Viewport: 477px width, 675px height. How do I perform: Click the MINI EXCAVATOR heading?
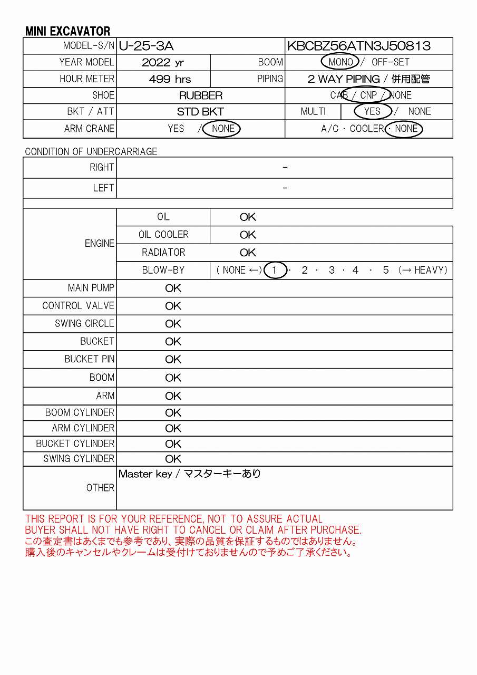pyautogui.click(x=67, y=31)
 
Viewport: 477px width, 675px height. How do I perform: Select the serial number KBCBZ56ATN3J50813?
pyautogui.click(x=358, y=46)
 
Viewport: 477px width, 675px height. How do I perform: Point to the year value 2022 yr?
pyautogui.click(x=163, y=63)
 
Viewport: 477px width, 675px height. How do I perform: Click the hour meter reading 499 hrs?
pyautogui.click(x=170, y=79)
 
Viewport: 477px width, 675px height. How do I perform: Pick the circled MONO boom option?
pyautogui.click(x=340, y=62)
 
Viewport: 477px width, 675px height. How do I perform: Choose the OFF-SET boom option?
pyautogui.click(x=391, y=62)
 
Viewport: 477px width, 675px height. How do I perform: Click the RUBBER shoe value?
pyautogui.click(x=201, y=95)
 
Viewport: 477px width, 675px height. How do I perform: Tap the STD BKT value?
pyautogui.click(x=200, y=112)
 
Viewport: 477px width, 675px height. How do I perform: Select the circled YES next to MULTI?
pyautogui.click(x=372, y=111)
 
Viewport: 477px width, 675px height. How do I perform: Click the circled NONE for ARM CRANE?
pyautogui.click(x=223, y=129)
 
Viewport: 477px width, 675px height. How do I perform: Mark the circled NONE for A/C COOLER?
pyautogui.click(x=405, y=129)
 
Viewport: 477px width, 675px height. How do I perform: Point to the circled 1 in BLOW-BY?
pyautogui.click(x=274, y=271)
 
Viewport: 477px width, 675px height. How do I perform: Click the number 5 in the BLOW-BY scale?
pyautogui.click(x=386, y=271)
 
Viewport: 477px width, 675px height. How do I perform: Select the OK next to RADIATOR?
pyautogui.click(x=248, y=253)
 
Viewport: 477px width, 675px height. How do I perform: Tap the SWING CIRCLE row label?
pyautogui.click(x=84, y=324)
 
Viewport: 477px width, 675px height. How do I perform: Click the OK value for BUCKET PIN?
pyautogui.click(x=173, y=360)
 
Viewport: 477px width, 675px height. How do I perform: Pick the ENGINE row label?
pyautogui.click(x=99, y=244)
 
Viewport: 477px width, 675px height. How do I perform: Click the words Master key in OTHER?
pyautogui.click(x=145, y=474)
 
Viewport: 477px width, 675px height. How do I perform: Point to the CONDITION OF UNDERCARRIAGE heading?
pyautogui.click(x=91, y=152)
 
